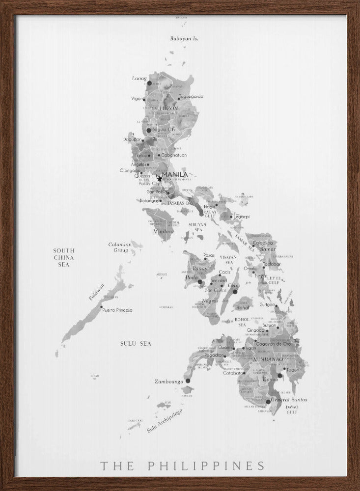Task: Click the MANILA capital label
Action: (x=174, y=174)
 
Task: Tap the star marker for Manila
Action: (x=160, y=179)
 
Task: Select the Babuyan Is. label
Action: (x=184, y=38)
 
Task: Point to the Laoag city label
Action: (x=139, y=78)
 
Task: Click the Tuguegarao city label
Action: (x=191, y=96)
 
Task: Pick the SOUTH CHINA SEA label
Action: (x=64, y=257)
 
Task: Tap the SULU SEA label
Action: (x=136, y=344)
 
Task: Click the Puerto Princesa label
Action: (x=117, y=310)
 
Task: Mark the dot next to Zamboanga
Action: (x=188, y=381)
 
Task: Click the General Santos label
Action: (x=289, y=400)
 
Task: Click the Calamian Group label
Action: (x=120, y=247)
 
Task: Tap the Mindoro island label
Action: (x=163, y=231)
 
